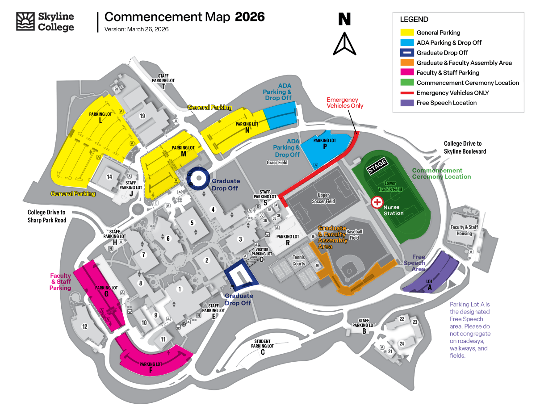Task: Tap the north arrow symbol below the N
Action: point(344,44)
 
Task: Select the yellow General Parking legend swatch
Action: point(406,33)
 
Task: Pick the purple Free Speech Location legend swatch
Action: point(406,103)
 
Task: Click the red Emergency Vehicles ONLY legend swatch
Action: point(406,93)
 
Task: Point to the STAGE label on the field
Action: point(377,166)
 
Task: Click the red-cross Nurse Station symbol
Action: point(377,202)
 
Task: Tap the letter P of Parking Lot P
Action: point(325,146)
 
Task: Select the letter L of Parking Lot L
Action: point(100,120)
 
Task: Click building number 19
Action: point(142,116)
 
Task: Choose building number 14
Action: point(109,177)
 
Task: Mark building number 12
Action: point(85,326)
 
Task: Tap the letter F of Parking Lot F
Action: point(151,370)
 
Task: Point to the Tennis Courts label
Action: point(299,260)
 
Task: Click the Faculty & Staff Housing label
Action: point(464,230)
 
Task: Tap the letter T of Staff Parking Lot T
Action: point(164,87)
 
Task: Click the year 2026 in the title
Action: point(250,17)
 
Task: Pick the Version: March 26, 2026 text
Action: point(136,29)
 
